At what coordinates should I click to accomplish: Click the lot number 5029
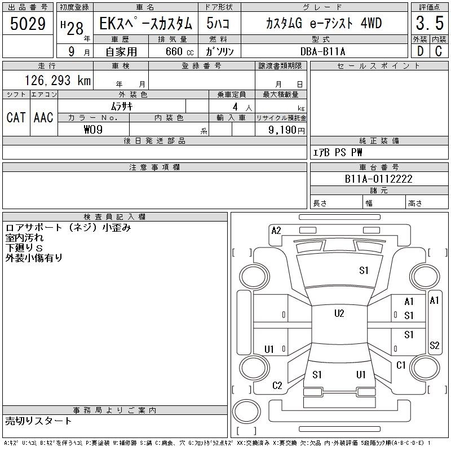[x=28, y=24]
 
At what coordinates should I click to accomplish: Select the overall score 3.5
[x=430, y=23]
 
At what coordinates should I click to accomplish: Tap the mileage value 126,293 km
[x=58, y=81]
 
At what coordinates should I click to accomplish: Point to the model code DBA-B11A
[x=322, y=51]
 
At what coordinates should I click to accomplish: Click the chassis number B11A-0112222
[x=378, y=179]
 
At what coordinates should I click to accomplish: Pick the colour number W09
[x=93, y=130]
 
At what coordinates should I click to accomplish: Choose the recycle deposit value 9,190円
[x=286, y=130]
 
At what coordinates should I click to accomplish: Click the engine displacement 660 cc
[x=179, y=51]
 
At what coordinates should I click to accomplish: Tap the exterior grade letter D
[x=420, y=51]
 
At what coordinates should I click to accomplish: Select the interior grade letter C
[x=439, y=51]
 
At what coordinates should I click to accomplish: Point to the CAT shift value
[x=16, y=117]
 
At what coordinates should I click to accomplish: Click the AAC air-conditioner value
[x=43, y=117]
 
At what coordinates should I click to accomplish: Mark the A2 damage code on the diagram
[x=276, y=231]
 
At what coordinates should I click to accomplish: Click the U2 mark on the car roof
[x=339, y=313]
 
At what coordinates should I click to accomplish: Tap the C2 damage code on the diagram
[x=277, y=386]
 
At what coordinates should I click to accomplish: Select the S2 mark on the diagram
[x=434, y=345]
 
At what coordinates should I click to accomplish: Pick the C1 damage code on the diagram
[x=401, y=365]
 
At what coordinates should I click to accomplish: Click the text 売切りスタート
[x=38, y=421]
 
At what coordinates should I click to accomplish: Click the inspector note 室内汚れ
[x=24, y=238]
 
